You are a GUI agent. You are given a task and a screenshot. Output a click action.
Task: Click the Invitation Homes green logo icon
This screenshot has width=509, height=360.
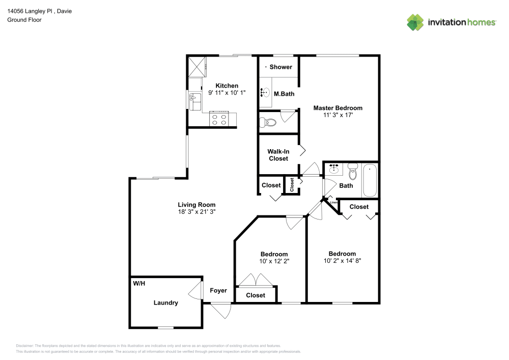coord(415,22)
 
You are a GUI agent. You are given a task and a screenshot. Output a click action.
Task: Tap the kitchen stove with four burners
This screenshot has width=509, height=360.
coord(219,119)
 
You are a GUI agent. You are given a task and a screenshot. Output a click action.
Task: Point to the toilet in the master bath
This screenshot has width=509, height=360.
coord(268,122)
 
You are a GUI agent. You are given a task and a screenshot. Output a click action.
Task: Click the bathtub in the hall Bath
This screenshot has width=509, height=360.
coord(370,180)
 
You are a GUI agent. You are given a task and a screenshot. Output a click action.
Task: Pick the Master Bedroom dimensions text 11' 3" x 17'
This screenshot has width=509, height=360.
coord(338,115)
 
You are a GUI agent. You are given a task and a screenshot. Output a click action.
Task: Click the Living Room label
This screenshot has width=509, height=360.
coord(196,205)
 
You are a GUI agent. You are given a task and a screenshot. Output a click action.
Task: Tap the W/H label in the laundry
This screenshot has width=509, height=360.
coord(139,284)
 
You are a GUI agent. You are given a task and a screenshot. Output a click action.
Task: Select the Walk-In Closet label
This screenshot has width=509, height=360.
coord(278,155)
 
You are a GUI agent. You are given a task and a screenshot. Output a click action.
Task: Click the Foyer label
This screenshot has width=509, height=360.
coord(218,291)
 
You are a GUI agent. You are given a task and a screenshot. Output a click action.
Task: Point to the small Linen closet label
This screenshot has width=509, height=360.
coord(334,202)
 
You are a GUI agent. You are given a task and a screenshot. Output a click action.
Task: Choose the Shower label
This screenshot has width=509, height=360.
coord(281,67)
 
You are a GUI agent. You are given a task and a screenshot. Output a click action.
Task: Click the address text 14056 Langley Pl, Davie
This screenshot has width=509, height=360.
coord(40,11)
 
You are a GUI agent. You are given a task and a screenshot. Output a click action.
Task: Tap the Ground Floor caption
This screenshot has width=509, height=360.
coord(24,20)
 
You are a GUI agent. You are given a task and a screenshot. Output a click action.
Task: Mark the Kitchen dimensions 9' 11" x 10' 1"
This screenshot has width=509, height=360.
coord(227,93)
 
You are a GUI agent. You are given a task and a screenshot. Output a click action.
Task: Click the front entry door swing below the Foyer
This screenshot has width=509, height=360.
coord(221,310)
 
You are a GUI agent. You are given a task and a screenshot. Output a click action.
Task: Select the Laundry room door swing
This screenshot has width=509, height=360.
coord(195,290)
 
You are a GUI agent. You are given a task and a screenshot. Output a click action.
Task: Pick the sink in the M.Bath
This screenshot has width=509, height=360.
coord(265,93)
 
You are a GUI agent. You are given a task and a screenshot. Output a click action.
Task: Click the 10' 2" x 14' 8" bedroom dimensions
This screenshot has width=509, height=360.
coord(342,261)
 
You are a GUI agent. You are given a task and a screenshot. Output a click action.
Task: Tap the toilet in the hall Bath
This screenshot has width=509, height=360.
coord(353,172)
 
